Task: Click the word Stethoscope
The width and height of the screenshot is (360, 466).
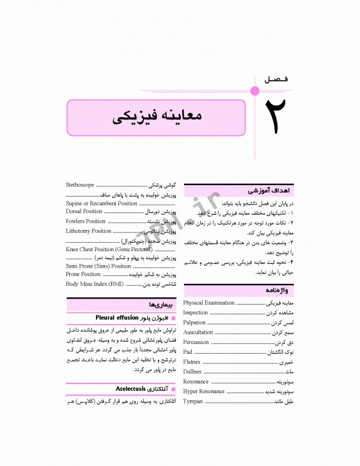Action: click(x=80, y=183)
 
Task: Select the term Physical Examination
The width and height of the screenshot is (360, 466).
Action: click(x=209, y=303)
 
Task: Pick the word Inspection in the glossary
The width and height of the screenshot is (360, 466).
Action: click(x=195, y=312)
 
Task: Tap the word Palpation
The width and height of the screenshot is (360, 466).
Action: click(x=195, y=323)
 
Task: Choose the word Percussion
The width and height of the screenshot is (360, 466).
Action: click(x=196, y=342)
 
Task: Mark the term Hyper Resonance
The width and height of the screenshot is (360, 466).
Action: click(x=204, y=391)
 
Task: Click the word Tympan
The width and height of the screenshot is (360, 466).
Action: click(x=193, y=402)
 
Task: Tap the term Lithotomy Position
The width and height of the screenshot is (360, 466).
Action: click(x=89, y=231)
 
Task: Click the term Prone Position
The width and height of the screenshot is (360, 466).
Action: click(x=83, y=274)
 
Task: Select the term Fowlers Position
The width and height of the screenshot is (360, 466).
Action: click(x=86, y=221)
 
